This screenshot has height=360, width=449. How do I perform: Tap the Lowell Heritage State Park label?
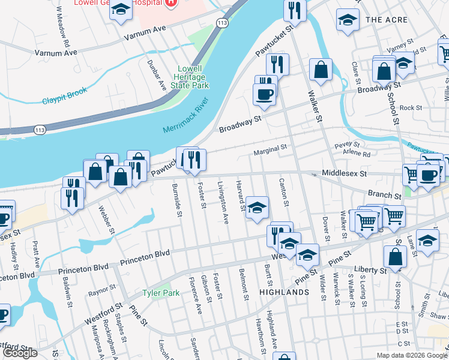[188, 77]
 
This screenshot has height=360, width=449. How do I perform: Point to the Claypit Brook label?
[65, 95]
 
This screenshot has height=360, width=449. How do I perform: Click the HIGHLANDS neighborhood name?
[284, 292]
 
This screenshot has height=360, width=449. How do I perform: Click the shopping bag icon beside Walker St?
[321, 69]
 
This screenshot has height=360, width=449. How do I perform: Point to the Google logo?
[19, 353]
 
